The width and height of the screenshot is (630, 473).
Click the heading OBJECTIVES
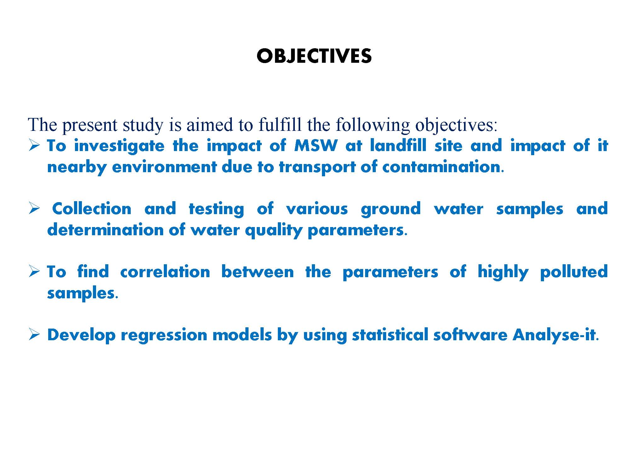click(314, 56)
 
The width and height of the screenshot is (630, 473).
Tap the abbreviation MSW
click(316, 146)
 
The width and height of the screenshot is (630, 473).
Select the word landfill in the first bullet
click(398, 145)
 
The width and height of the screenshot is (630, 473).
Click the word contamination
click(441, 166)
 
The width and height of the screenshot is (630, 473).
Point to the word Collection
click(92, 208)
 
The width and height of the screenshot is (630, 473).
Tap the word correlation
click(165, 272)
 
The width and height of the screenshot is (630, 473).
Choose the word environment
click(164, 167)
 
